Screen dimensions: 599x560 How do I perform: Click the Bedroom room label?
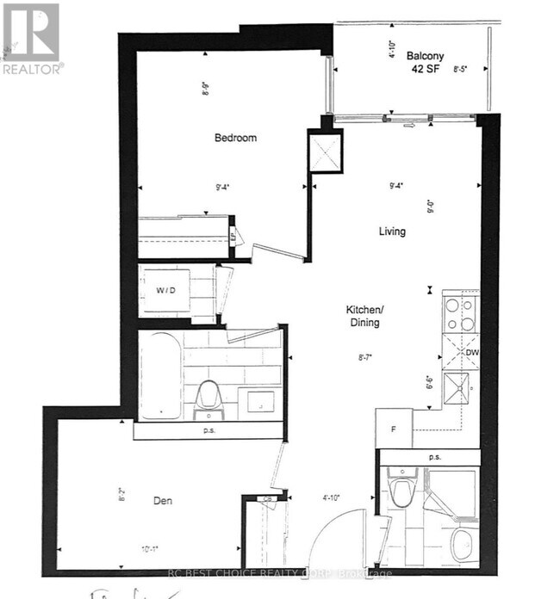coord(235,138)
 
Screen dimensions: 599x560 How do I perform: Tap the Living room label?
coord(392,232)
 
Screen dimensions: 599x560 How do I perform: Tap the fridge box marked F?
coord(394,428)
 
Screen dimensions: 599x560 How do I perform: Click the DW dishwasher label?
coord(471,353)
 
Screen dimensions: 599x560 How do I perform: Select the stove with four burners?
coord(460,313)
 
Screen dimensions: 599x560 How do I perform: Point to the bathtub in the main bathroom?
coord(161,377)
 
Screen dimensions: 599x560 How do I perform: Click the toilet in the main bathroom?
coord(207,397)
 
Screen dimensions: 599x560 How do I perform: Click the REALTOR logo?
coord(31,38)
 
